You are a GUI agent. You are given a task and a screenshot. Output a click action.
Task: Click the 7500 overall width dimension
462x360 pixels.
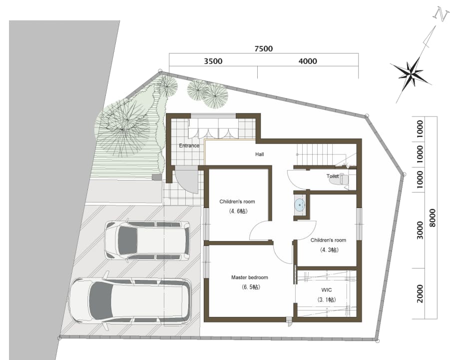click(264, 48)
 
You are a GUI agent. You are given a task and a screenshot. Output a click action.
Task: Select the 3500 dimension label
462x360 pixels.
click(213, 61)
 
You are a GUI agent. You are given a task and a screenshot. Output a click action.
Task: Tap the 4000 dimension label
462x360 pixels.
click(308, 61)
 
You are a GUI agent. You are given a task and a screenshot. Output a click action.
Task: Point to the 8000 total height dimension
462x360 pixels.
click(432, 218)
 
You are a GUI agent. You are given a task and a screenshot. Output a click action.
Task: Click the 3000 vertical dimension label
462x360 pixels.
click(420, 230)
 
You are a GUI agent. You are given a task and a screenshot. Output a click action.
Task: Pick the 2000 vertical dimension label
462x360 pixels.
click(420, 293)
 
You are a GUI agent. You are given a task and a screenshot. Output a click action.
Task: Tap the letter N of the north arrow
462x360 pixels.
click(442, 15)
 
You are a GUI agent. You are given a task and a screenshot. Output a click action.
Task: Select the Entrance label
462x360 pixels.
click(189, 145)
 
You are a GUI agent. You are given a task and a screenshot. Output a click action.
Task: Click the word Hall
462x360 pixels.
click(260, 154)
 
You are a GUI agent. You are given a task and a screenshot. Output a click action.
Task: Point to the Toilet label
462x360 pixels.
click(332, 176)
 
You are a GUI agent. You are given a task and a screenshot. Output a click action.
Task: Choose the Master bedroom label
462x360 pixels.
click(250, 277)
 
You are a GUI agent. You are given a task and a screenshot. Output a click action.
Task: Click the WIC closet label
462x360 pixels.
click(327, 290)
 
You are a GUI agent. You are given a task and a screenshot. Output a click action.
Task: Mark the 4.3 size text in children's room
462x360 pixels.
click(329, 250)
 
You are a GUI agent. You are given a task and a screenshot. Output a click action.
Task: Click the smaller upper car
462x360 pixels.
click(147, 240)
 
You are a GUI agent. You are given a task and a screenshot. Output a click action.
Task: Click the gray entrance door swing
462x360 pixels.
click(188, 178)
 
